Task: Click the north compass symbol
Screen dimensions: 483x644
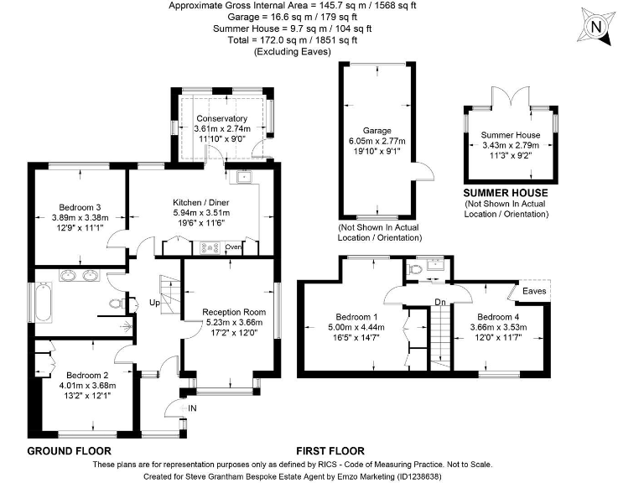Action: pos(597,27)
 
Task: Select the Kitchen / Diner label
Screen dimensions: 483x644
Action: pos(201,203)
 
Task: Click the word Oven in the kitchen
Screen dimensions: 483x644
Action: pos(233,247)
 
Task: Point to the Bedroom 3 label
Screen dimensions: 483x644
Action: pos(80,208)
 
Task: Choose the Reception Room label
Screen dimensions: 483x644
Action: pos(227,312)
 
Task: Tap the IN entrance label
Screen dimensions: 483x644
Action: pos(191,408)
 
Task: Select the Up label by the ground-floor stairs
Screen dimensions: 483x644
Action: pos(155,302)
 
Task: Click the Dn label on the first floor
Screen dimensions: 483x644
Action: pos(440,301)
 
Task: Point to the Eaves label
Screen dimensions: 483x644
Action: pos(534,291)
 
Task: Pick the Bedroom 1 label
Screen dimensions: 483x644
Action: pos(348,317)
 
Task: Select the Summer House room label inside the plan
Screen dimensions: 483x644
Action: pos(511,135)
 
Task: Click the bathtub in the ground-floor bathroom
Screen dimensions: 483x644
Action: pos(44,303)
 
